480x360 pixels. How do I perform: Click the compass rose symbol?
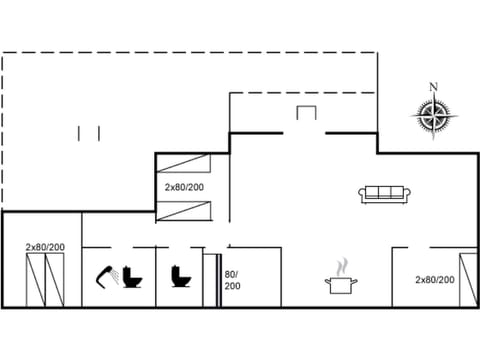pyautogui.click(x=432, y=118)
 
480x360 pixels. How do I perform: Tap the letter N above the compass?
pyautogui.click(x=432, y=86)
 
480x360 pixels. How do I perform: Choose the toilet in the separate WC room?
pyautogui.click(x=181, y=275)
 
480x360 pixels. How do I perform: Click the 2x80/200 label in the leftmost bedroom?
pyautogui.click(x=45, y=247)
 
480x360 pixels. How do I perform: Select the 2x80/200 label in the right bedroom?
pyautogui.click(x=435, y=280)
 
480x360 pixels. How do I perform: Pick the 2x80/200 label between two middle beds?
pyautogui.click(x=184, y=187)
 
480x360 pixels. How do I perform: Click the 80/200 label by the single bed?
pyautogui.click(x=232, y=279)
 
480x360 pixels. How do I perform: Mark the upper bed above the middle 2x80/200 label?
pyautogui.click(x=185, y=166)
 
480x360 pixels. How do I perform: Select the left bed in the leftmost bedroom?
pyautogui.click(x=34, y=281)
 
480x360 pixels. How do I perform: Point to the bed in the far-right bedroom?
pyautogui.click(x=467, y=281)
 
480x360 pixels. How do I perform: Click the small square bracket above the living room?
pyautogui.click(x=306, y=113)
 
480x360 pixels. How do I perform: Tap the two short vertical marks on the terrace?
pyautogui.click(x=90, y=133)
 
